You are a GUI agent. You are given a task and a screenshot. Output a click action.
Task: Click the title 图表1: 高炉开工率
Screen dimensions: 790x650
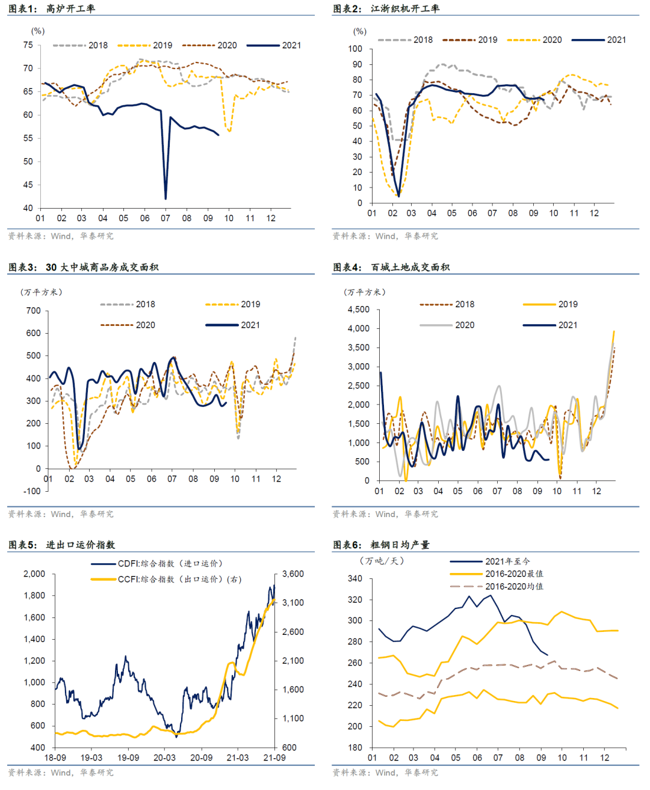pyautogui.click(x=52, y=9)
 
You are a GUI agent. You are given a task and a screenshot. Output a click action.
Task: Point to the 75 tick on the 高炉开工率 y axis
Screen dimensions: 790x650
pyautogui.click(x=28, y=45)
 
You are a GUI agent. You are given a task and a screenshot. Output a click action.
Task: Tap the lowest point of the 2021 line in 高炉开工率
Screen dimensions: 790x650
pyautogui.click(x=166, y=198)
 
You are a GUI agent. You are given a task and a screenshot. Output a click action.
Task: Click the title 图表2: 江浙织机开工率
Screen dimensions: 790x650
pyautogui.click(x=386, y=9)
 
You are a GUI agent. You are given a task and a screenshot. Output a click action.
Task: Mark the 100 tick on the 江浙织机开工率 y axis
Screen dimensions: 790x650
pyautogui.click(x=355, y=49)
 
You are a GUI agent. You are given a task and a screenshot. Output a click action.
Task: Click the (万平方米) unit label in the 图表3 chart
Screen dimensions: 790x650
pyautogui.click(x=42, y=292)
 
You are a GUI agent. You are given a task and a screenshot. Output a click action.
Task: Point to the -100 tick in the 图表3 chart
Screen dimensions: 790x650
pyautogui.click(x=31, y=491)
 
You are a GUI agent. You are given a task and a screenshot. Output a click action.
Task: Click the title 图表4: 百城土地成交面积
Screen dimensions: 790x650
pyautogui.click(x=391, y=268)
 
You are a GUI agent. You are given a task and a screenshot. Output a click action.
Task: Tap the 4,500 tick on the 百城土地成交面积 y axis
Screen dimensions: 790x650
pyautogui.click(x=359, y=310)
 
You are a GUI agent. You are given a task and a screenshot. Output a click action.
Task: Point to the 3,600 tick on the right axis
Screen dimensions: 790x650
pyautogui.click(x=293, y=574)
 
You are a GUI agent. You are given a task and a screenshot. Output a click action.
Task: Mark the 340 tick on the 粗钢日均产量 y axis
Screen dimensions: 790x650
pyautogui.click(x=355, y=579)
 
